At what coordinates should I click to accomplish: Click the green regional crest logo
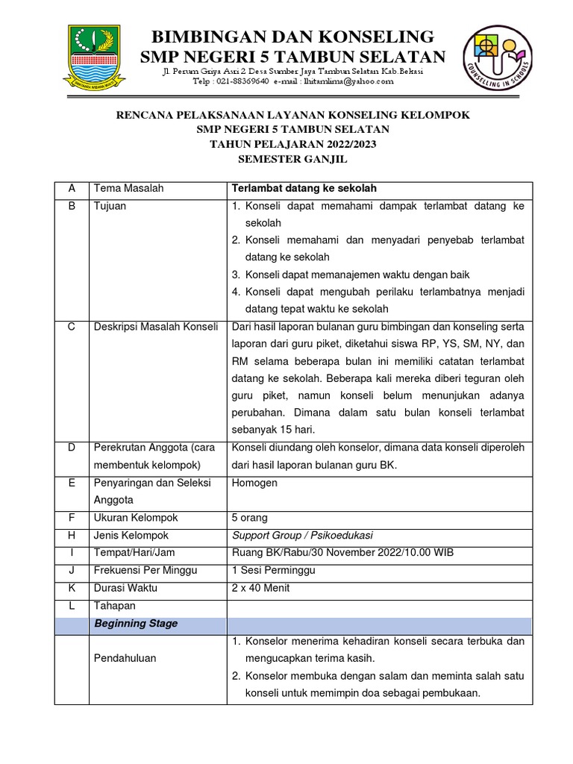coord(97,56)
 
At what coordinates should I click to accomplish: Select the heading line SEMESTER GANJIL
coord(292,159)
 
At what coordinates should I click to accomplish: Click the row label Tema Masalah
coord(129,189)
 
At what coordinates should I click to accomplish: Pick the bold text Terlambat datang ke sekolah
coord(298,189)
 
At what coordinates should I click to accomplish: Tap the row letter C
coord(72,327)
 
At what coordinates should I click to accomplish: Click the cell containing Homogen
coord(255,483)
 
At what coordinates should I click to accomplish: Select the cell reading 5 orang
coord(250,518)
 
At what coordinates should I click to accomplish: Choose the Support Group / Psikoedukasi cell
coord(303,536)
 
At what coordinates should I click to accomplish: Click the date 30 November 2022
coord(342,553)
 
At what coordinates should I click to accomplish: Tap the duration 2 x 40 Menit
coord(261,588)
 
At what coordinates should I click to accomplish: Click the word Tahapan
coord(115,606)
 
